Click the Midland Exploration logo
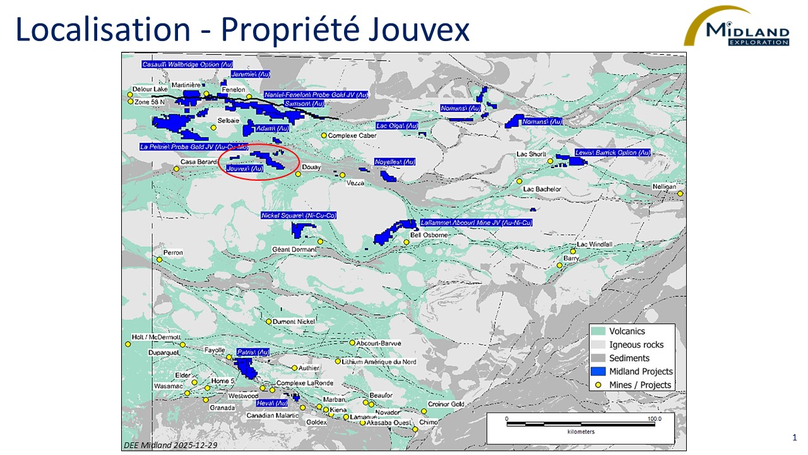click(739, 27)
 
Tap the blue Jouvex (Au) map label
click(244, 169)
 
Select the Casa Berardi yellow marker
click(176, 169)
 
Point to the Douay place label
click(311, 167)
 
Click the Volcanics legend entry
click(627, 331)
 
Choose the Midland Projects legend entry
click(641, 372)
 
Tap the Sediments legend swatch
click(598, 358)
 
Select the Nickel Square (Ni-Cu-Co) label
click(299, 215)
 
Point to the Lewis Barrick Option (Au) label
click(612, 153)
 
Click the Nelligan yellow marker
click(680, 193)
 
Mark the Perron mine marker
click(160, 259)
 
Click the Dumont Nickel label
click(293, 322)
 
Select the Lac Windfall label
click(595, 245)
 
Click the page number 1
click(794, 438)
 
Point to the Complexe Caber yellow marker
click(324, 135)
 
